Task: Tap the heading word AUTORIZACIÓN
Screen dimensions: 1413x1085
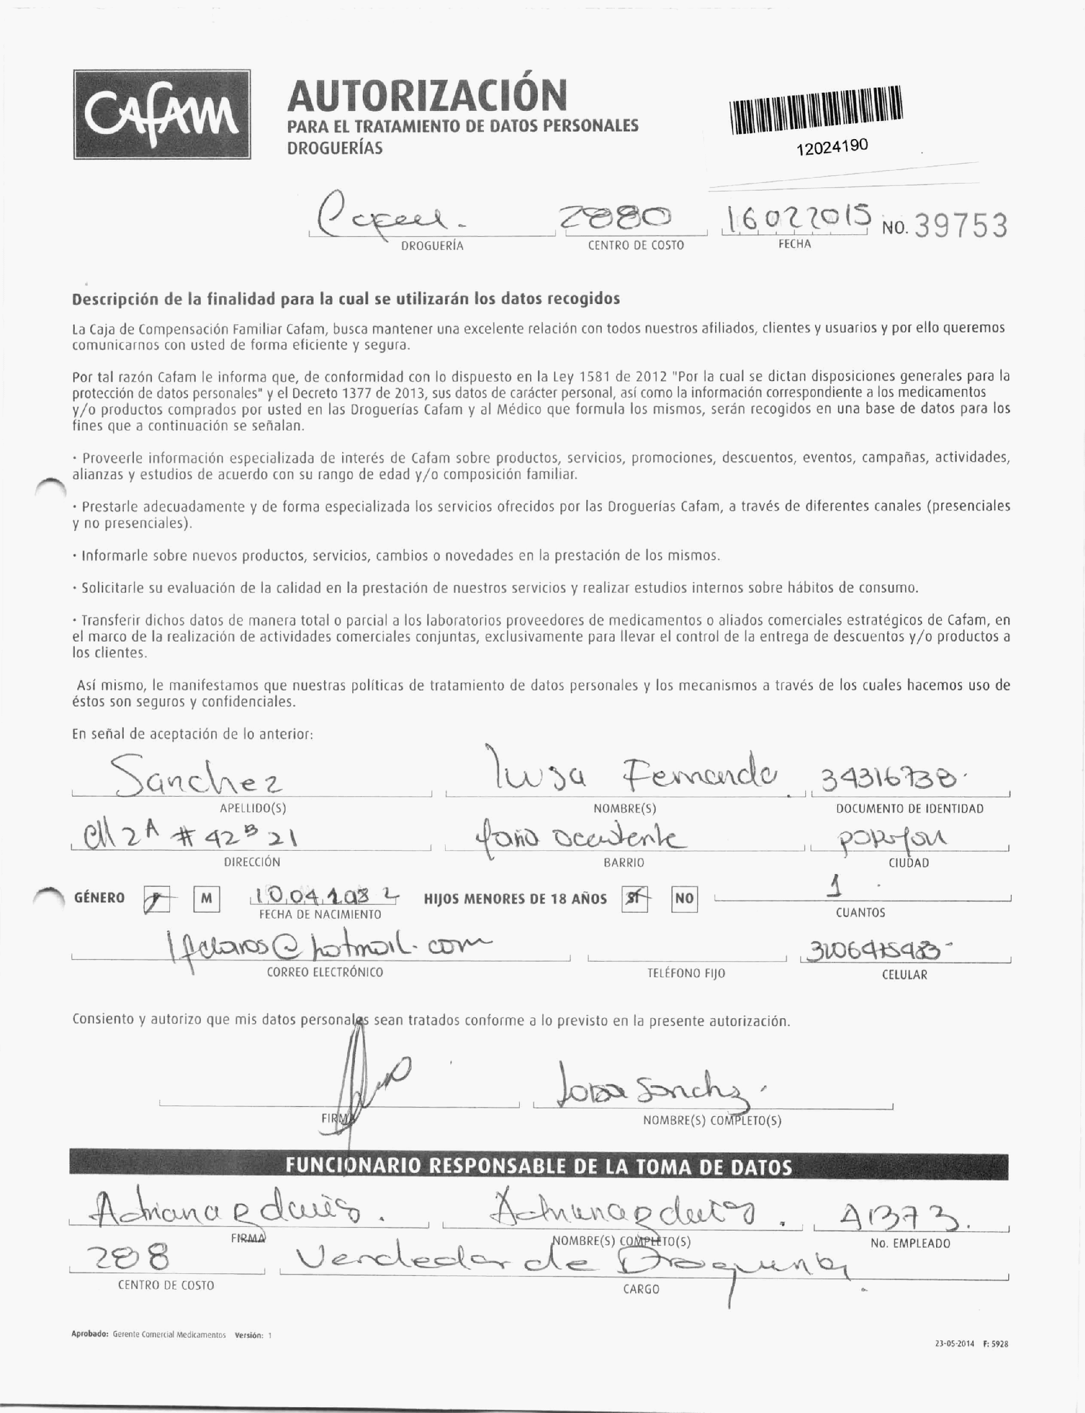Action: tap(427, 95)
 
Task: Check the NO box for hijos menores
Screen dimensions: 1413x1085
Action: tap(684, 898)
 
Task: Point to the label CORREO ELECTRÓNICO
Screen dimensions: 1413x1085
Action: tap(325, 972)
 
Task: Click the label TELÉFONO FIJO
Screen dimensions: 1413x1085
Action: tap(686, 973)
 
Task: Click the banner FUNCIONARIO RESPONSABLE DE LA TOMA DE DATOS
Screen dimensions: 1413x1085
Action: tap(538, 1167)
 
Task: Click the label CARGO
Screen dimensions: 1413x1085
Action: tap(641, 1289)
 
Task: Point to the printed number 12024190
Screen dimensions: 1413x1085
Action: tap(833, 146)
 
